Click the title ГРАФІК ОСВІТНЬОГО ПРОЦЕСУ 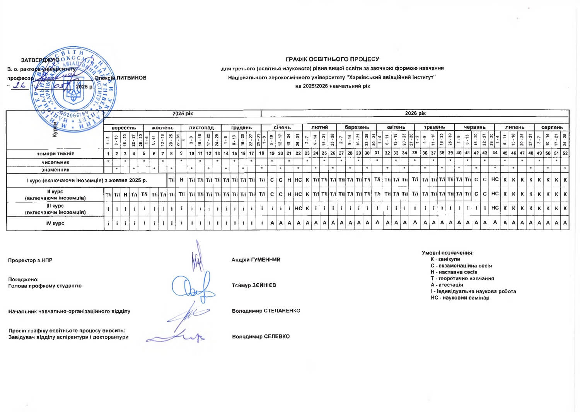coord(332,59)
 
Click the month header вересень coord(124,128)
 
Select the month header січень coord(282,128)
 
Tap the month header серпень coord(552,128)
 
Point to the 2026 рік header coord(415,113)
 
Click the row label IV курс coord(55,223)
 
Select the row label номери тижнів coord(55,153)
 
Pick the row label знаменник coord(55,170)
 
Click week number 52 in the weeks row coord(565,153)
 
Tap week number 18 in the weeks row coord(262,153)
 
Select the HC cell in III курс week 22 coord(298,208)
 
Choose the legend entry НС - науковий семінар coord(460,298)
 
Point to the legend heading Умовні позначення coord(447,253)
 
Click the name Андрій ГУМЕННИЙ coord(256,260)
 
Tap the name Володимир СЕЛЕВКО coord(261,337)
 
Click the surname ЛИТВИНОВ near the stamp coord(131,78)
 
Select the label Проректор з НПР coord(30,260)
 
